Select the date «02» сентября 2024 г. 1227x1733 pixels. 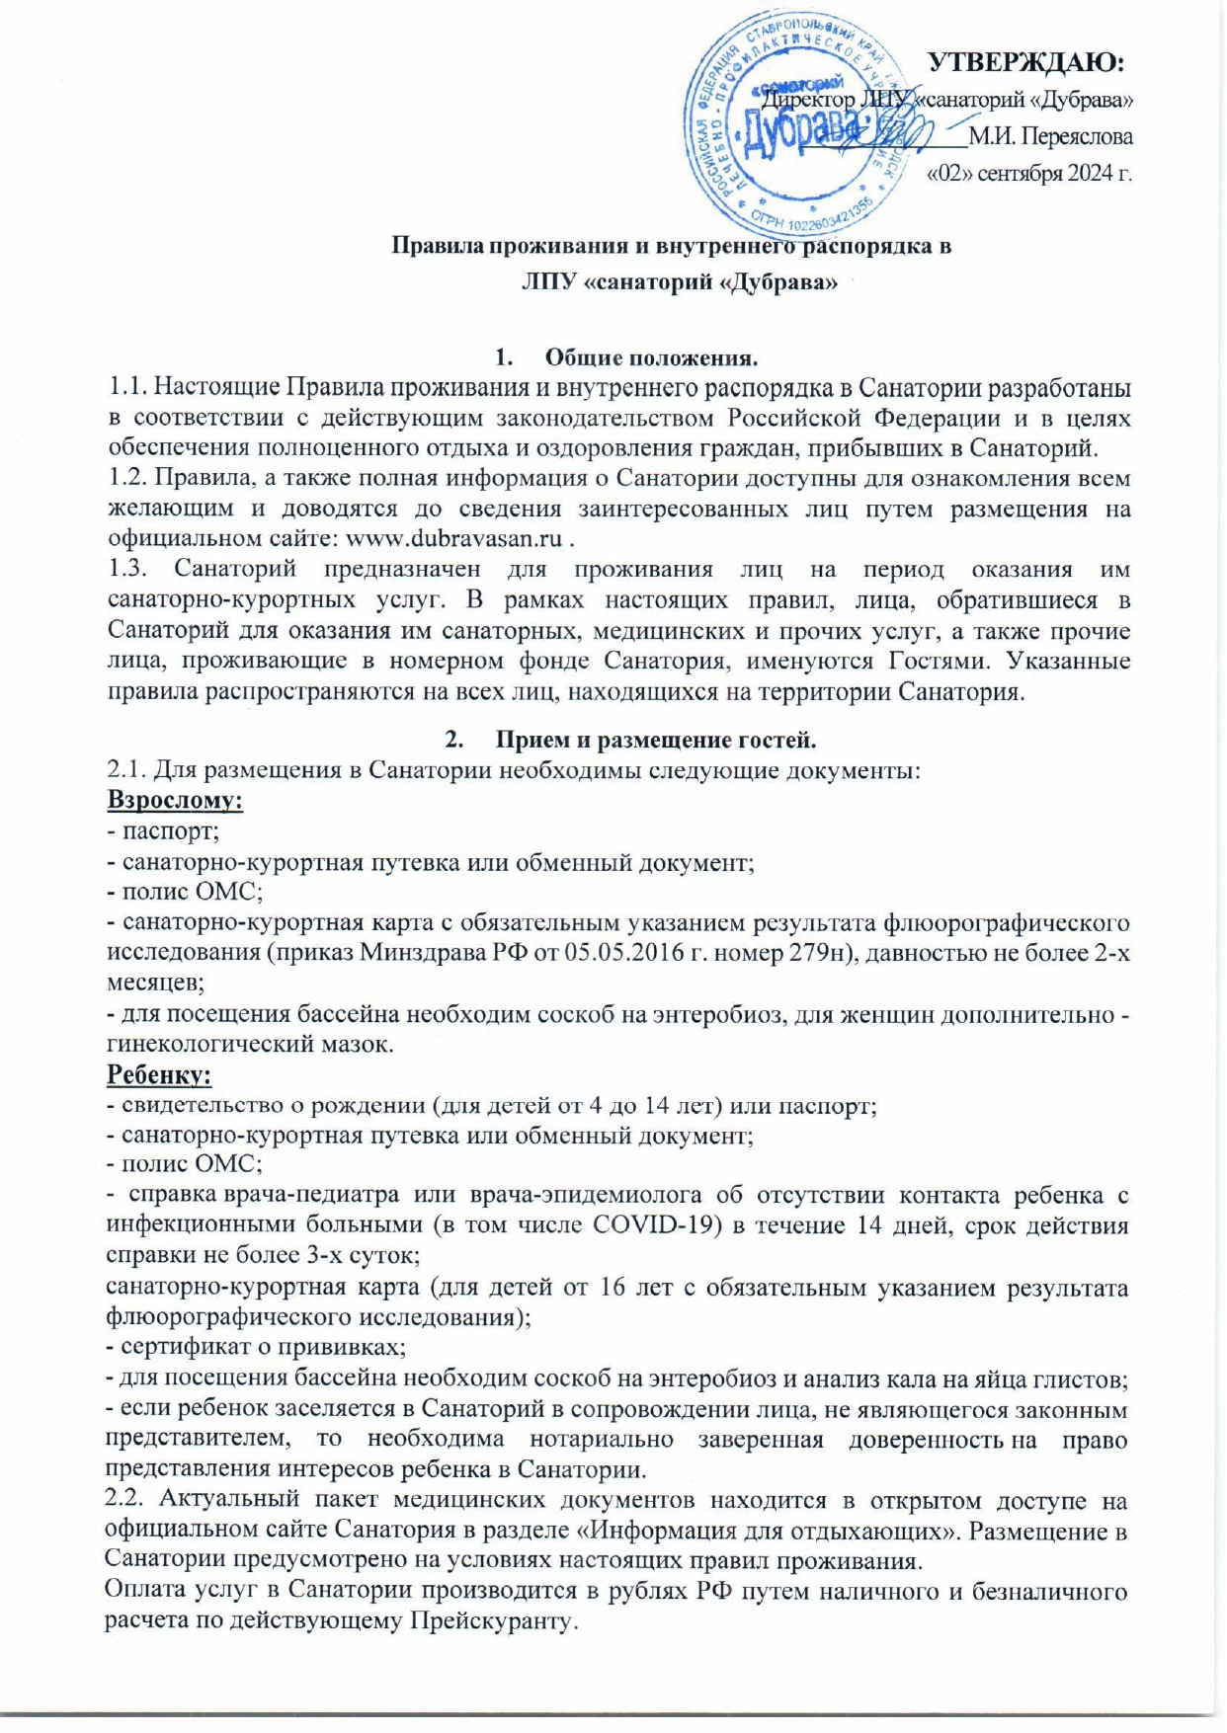click(x=1027, y=174)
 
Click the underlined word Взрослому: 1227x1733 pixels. click(x=175, y=799)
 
